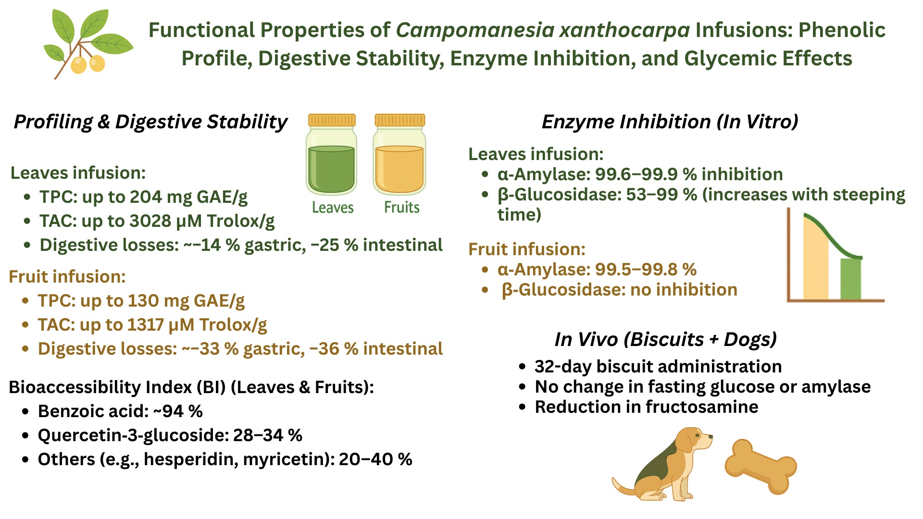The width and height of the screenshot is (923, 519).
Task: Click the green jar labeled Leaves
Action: pos(332,154)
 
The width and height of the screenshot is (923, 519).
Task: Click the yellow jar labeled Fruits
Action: pos(399,154)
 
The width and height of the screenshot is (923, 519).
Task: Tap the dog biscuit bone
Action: pos(761,466)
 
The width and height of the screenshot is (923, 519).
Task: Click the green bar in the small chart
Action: pos(850,279)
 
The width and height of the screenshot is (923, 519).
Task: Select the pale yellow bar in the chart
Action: pos(816,262)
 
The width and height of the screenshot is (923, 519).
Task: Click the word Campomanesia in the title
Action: pos(474,30)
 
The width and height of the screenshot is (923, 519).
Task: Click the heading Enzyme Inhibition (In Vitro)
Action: pos(670,122)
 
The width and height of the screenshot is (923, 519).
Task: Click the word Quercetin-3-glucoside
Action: pos(133,435)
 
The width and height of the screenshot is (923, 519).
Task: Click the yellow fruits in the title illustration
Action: pos(88,64)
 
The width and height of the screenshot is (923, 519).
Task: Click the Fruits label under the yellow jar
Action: pos(401,208)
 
